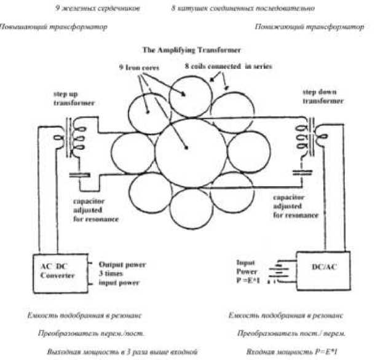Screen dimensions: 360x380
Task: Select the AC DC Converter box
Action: point(58,270)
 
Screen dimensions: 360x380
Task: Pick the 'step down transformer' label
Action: point(319,95)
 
